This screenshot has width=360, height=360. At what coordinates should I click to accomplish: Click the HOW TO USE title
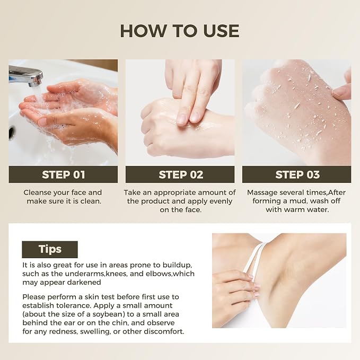pos(180,31)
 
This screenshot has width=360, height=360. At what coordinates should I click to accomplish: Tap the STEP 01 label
pos(64,175)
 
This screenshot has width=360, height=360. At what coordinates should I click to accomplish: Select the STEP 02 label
pos(181,175)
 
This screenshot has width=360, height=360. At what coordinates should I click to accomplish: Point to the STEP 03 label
pos(297,175)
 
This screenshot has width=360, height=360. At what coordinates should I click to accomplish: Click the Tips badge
pos(50,249)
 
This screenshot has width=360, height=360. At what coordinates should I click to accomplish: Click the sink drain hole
pos(12,133)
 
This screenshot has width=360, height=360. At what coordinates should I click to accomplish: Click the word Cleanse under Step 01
pos(37,192)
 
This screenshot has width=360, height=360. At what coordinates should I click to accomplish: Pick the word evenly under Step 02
pos(220,201)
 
